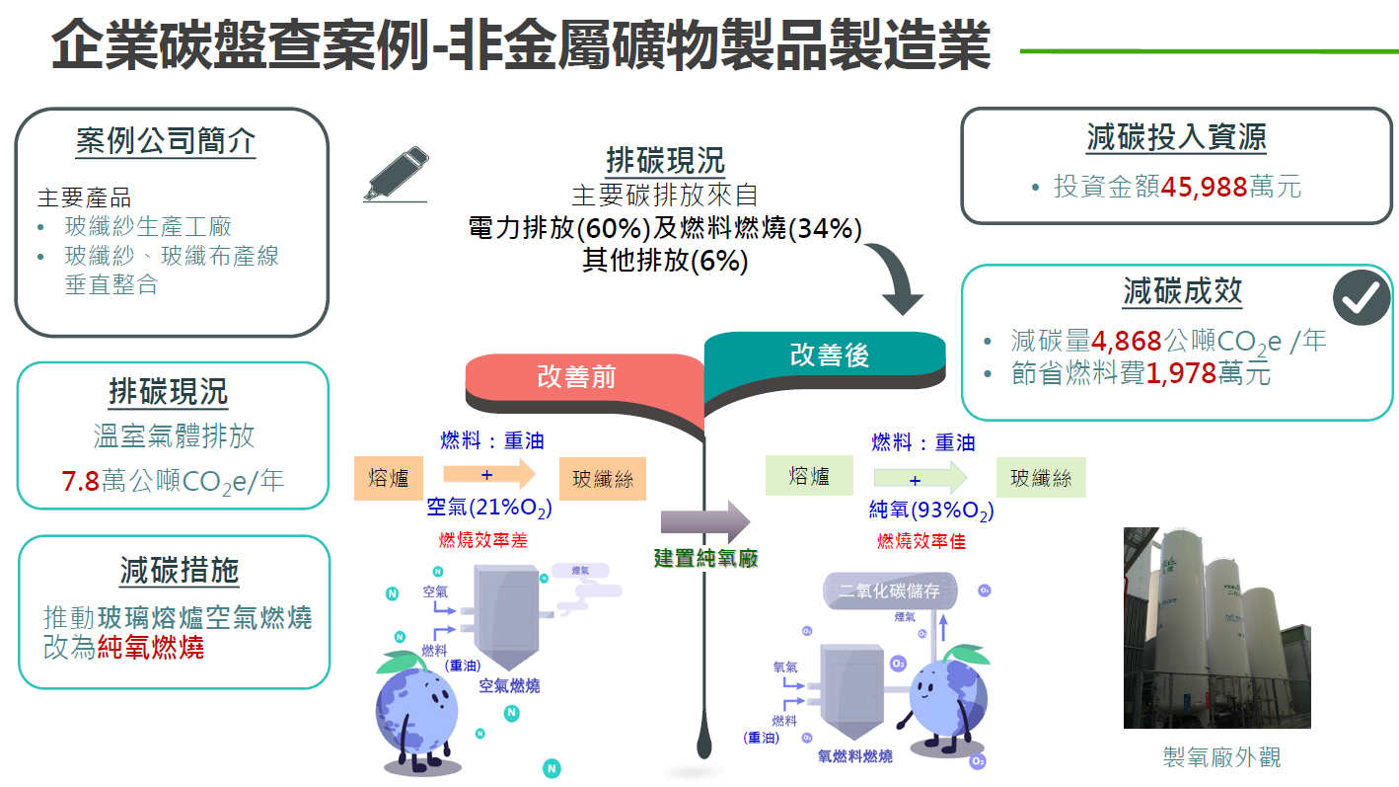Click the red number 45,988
point(1204,186)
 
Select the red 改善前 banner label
point(576,377)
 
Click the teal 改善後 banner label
point(829,355)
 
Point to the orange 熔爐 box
point(388,479)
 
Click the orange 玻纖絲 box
point(603,480)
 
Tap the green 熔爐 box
point(809,477)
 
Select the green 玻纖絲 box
point(1040,478)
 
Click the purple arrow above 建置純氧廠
point(704,520)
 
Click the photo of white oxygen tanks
point(1216,628)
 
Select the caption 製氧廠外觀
point(1221,757)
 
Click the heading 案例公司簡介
point(166,141)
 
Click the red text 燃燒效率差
point(483,541)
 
